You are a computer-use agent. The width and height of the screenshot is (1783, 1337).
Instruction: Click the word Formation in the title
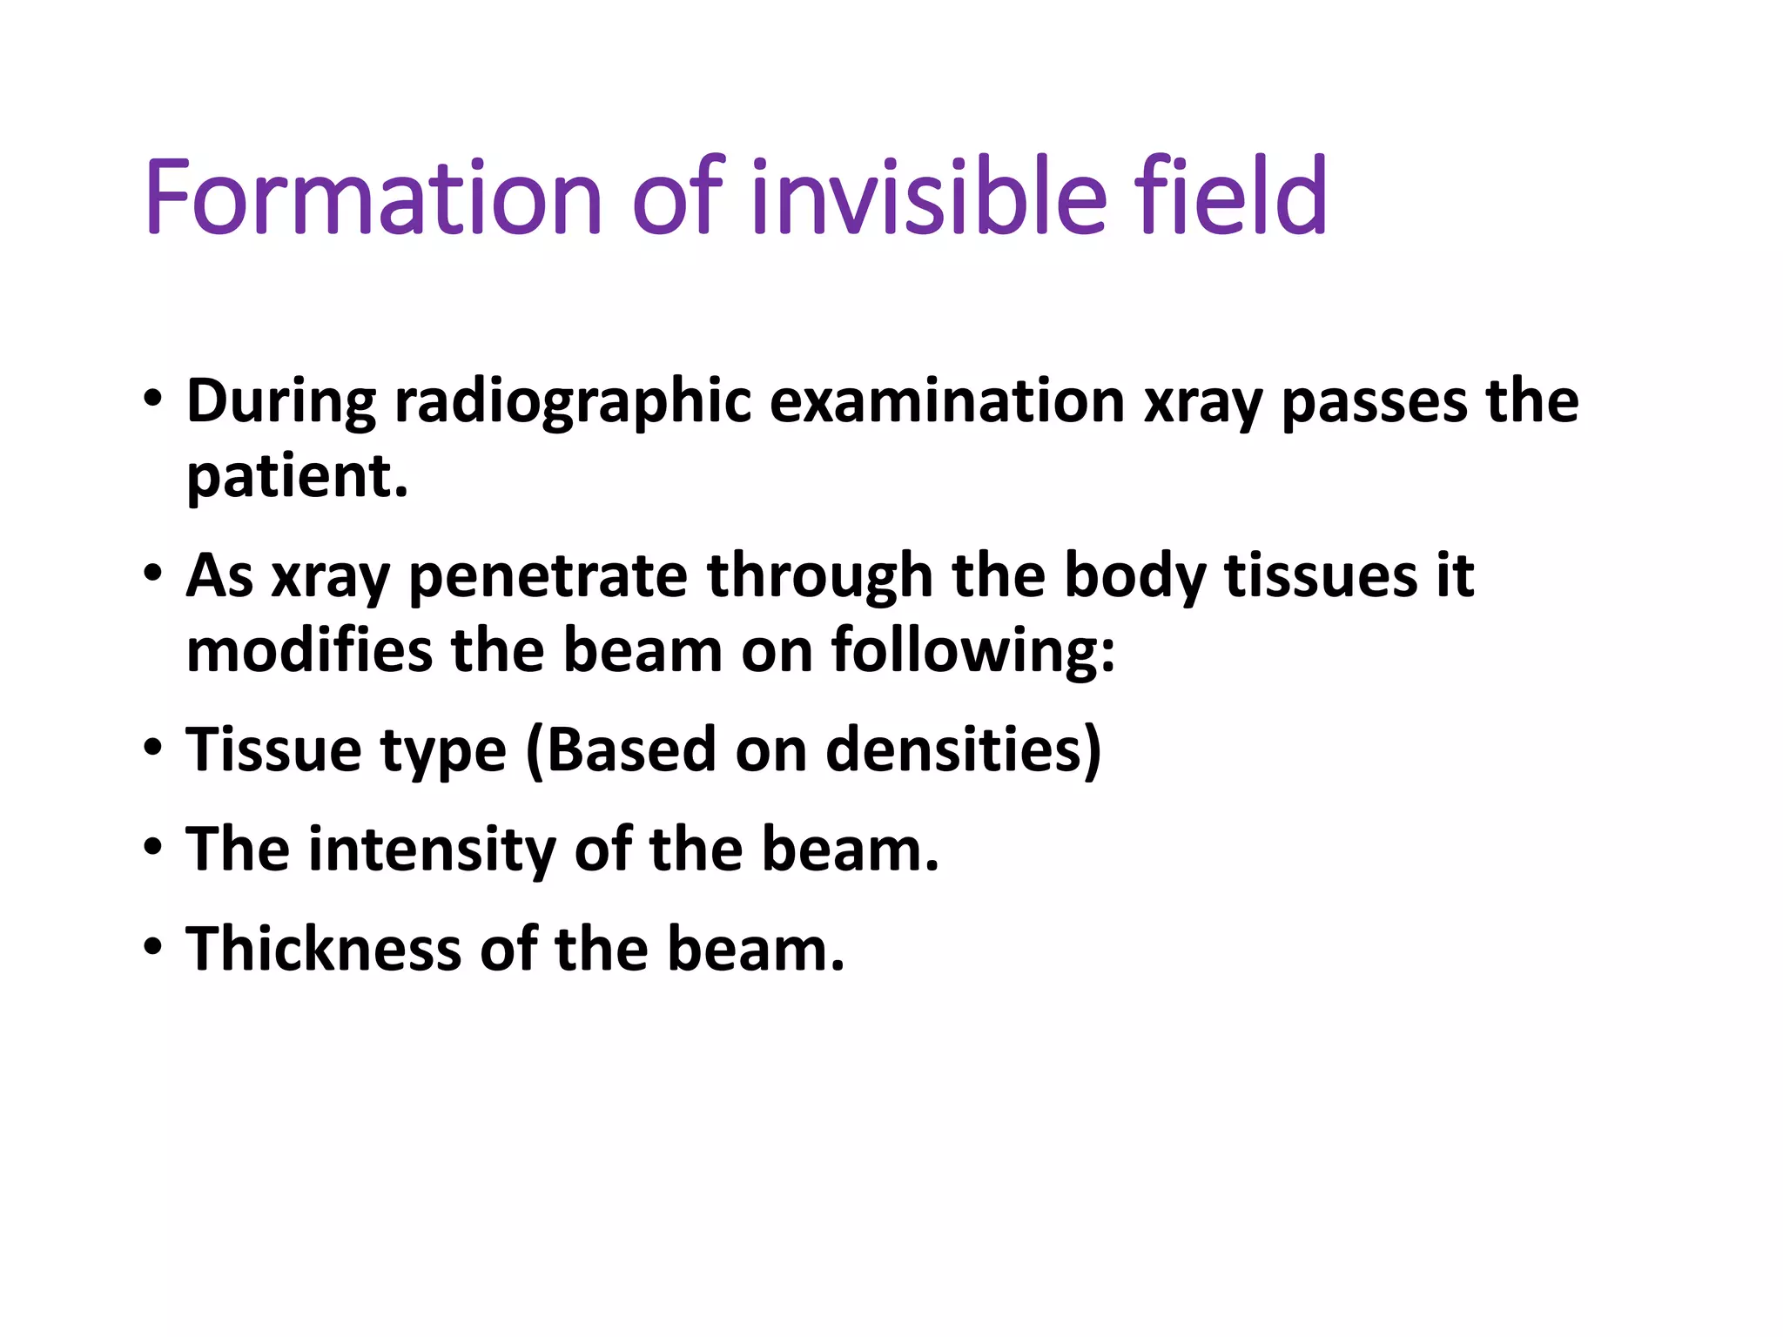(x=373, y=198)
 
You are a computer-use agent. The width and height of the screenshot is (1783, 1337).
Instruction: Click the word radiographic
(x=572, y=403)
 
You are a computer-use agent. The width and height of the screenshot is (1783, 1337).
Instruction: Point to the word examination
(x=946, y=401)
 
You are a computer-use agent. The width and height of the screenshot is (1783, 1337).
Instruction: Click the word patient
(x=296, y=477)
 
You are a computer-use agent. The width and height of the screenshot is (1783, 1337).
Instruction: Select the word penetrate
(x=548, y=576)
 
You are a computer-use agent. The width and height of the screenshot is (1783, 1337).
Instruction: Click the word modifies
(x=309, y=651)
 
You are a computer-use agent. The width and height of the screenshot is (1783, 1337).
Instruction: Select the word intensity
(x=432, y=850)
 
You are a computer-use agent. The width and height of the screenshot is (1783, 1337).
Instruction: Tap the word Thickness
(x=323, y=949)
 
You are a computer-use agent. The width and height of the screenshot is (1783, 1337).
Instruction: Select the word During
(x=280, y=401)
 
